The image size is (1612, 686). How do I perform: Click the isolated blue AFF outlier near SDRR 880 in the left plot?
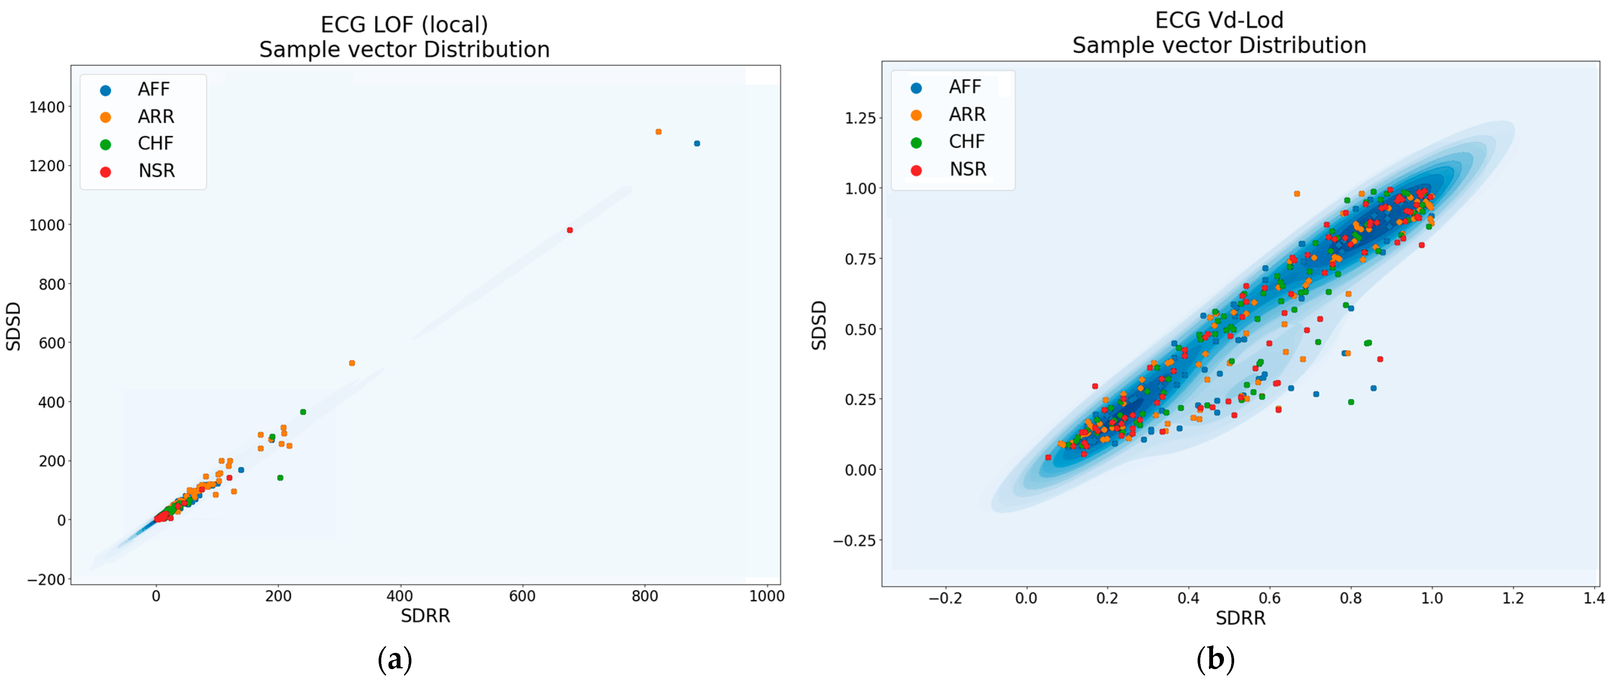coord(697,144)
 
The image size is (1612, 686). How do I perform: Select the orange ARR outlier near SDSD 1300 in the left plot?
coord(658,132)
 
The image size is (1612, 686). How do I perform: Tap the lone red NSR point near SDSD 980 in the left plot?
coord(569,230)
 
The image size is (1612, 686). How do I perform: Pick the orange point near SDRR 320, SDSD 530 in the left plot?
coord(352,363)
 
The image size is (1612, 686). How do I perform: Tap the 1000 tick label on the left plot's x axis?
coord(767,596)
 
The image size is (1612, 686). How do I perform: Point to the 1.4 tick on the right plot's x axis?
coord(1594,598)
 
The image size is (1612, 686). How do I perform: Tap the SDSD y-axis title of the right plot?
coord(819,325)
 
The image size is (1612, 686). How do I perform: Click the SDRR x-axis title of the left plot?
coord(426,616)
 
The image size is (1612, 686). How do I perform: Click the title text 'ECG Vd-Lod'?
coord(1219,21)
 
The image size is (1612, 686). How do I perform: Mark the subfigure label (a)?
coord(395,660)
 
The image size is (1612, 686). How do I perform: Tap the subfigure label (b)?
coord(1215,660)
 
